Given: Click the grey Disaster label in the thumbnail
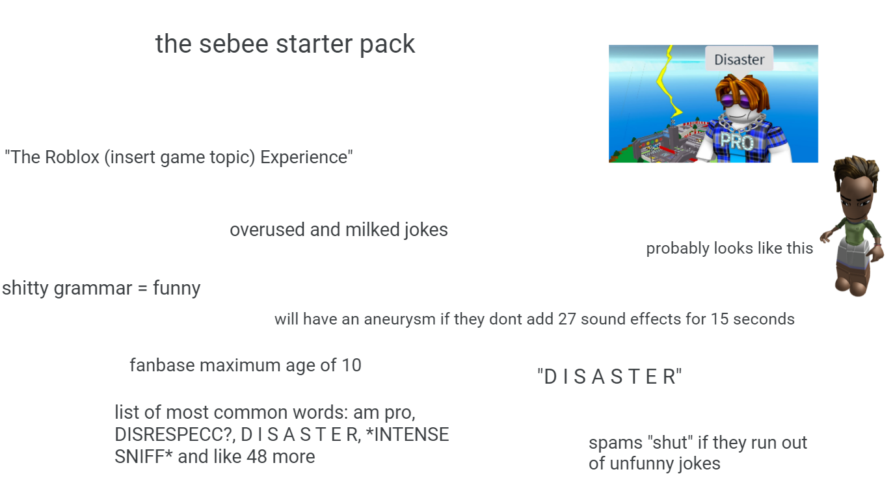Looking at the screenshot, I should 739,59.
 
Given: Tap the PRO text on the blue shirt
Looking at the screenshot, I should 736,141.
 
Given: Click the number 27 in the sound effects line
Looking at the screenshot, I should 567,319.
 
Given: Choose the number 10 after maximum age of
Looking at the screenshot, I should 351,365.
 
